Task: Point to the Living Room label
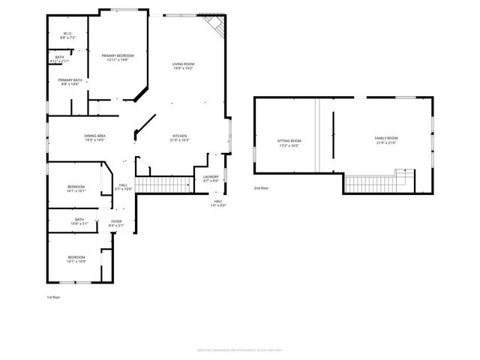(x=184, y=66)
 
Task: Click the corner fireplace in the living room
(x=217, y=26)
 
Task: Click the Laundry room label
(x=211, y=178)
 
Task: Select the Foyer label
(x=116, y=222)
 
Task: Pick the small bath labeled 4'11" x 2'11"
(x=59, y=60)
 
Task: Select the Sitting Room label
(x=289, y=142)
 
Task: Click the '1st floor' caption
(x=54, y=297)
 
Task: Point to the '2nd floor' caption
(x=261, y=187)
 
